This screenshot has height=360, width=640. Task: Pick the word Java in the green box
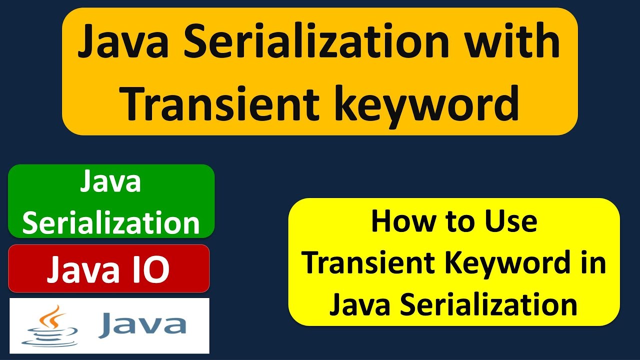110,183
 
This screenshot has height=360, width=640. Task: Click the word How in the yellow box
396,221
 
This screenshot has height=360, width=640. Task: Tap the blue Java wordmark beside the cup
142,324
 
